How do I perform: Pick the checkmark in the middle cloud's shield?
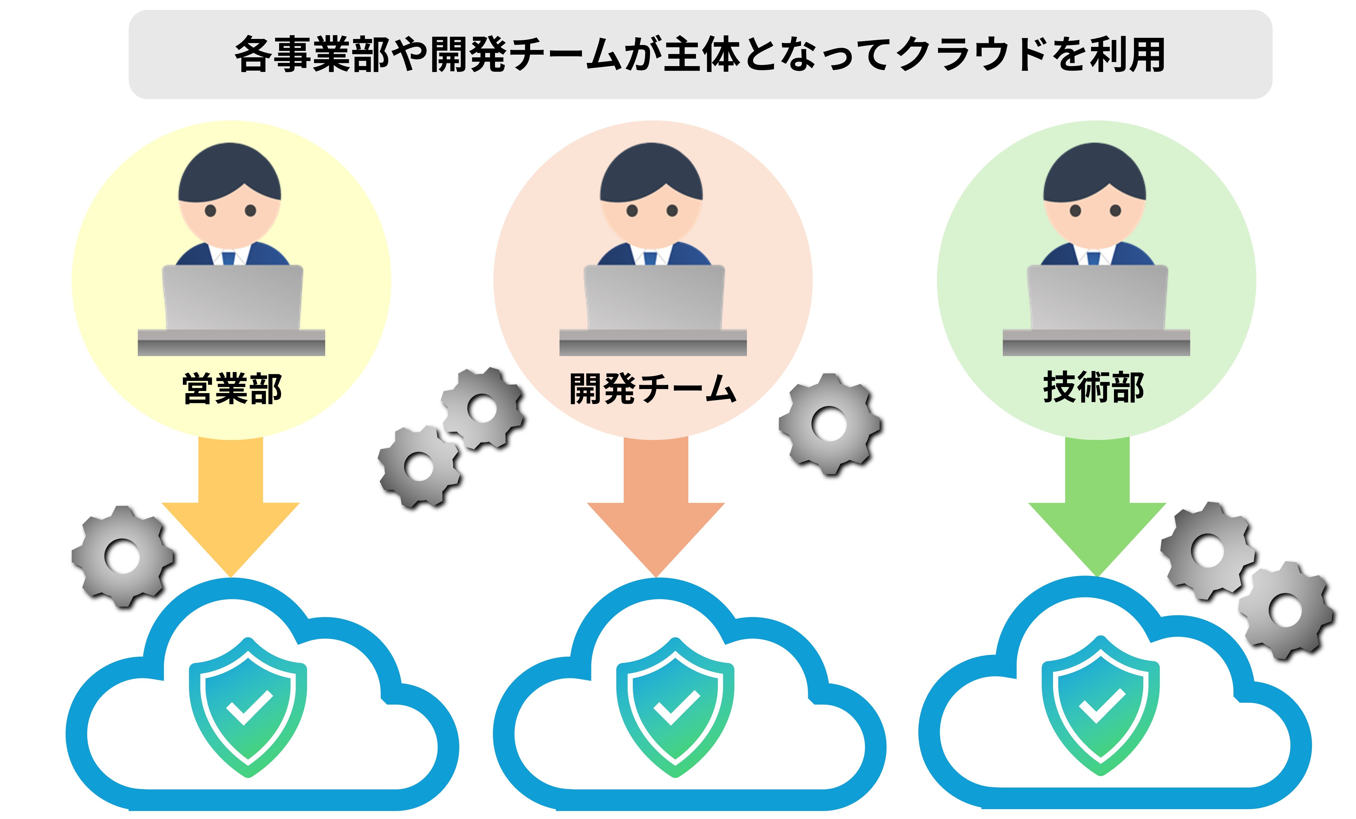tap(676, 707)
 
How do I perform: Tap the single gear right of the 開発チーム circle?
tap(829, 424)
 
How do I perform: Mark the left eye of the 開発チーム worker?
tap(632, 210)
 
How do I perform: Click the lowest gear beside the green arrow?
tap(1285, 611)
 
